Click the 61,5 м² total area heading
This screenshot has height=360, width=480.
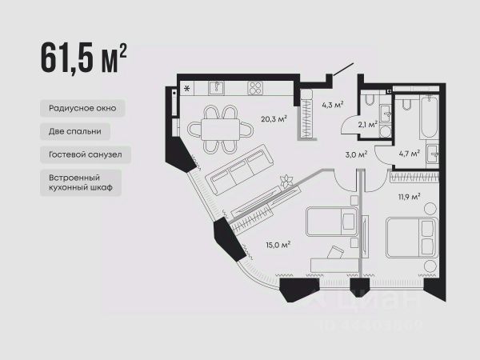(83, 58)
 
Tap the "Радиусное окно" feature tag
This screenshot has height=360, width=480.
(82, 108)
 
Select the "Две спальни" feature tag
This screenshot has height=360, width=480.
(75, 131)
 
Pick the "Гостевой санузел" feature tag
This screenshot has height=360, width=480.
(86, 154)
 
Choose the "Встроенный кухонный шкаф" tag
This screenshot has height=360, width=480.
(81, 182)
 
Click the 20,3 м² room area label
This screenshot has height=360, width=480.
(274, 118)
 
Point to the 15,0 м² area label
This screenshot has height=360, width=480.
(278, 245)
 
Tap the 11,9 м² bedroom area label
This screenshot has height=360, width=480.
(409, 197)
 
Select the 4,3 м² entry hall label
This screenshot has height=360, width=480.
(333, 105)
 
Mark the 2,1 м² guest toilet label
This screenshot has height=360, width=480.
(368, 125)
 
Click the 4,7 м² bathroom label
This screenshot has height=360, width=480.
(410, 154)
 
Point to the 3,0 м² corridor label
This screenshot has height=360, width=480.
(356, 154)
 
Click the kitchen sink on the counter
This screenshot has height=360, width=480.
(217, 88)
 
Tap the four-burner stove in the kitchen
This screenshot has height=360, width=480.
(255, 88)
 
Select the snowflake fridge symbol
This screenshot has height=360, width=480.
(186, 89)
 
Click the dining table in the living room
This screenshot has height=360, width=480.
(221, 129)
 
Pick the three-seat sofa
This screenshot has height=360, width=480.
(239, 170)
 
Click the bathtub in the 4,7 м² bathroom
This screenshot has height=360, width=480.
(429, 117)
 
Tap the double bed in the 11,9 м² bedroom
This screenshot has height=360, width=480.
(411, 238)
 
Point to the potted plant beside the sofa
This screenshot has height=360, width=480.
(286, 182)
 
